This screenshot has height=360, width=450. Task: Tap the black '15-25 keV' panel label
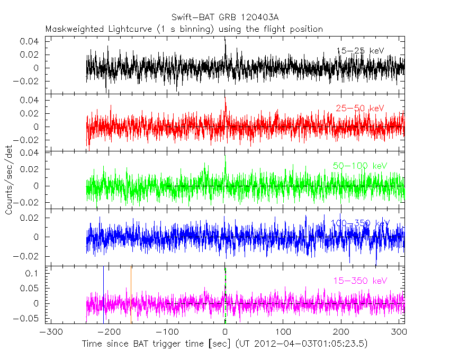point(360,51)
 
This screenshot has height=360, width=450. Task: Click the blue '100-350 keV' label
point(360,223)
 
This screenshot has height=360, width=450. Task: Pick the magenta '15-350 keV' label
point(360,281)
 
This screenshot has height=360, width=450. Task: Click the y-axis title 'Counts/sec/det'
point(9,180)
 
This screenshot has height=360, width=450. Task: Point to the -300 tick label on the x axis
point(49,332)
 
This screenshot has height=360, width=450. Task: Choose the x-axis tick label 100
point(283,332)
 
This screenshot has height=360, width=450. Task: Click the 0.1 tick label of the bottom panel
point(32,273)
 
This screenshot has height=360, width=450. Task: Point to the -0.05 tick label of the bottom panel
point(28,318)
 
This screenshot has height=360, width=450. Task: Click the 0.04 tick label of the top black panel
point(30,41)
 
